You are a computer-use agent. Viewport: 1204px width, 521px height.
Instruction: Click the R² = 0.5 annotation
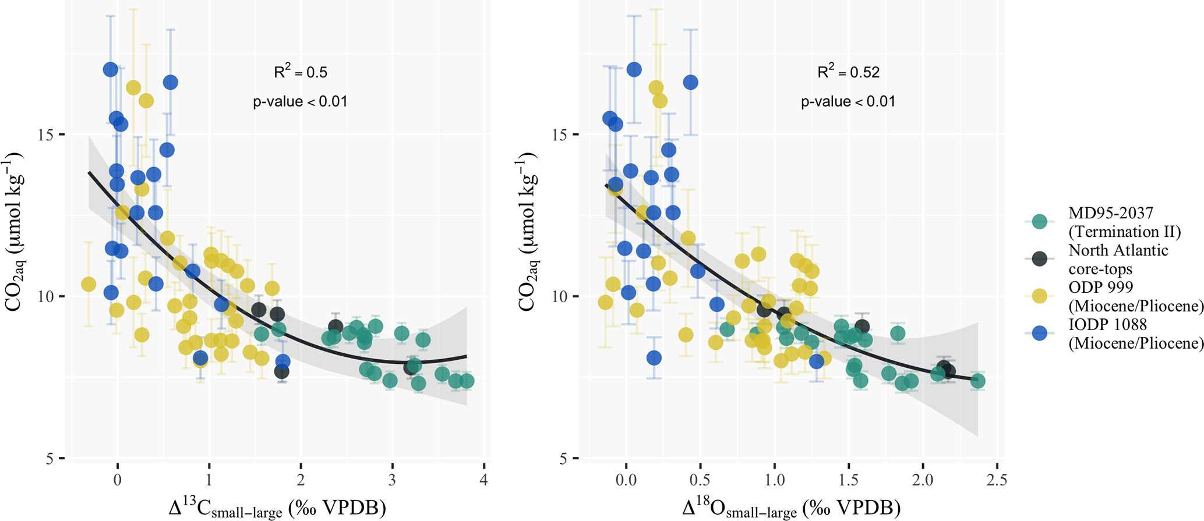301,72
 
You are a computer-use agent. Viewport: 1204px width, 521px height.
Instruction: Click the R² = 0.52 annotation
848,72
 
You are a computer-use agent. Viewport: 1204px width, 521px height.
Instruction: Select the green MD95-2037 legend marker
1039,222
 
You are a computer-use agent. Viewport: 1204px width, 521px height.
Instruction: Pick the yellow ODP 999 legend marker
1039,296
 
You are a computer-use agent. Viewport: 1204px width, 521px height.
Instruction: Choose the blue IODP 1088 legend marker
1039,333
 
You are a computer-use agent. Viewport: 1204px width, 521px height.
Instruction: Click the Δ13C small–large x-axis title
277,508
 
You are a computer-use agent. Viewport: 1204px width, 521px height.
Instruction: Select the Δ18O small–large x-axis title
792,508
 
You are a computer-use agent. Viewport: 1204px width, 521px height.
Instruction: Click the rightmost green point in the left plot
467,381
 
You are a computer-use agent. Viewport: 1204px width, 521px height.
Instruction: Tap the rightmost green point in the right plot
978,381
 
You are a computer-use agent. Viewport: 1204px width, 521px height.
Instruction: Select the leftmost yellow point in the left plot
89,284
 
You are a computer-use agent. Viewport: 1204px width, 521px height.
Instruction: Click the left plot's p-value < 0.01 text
300,102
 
